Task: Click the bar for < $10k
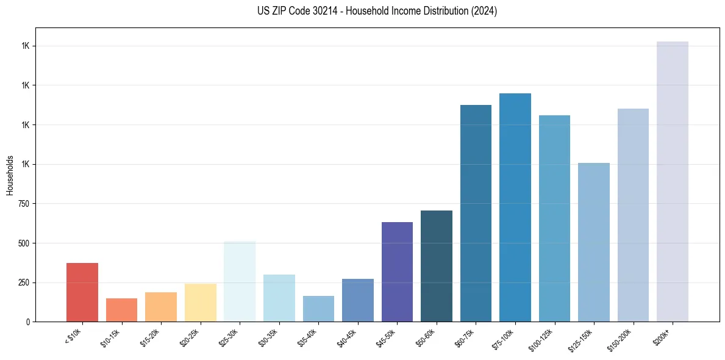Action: (x=82, y=292)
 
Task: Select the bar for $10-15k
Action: (x=121, y=310)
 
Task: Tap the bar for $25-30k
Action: (x=240, y=281)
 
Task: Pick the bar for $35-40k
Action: (x=318, y=309)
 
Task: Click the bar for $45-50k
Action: (x=397, y=272)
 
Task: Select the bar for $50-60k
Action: (x=437, y=266)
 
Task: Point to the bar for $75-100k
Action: (x=515, y=207)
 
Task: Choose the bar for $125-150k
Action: (x=594, y=242)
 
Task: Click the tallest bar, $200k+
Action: (x=673, y=181)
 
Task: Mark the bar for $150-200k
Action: (x=633, y=215)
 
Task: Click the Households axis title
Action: (x=10, y=175)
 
